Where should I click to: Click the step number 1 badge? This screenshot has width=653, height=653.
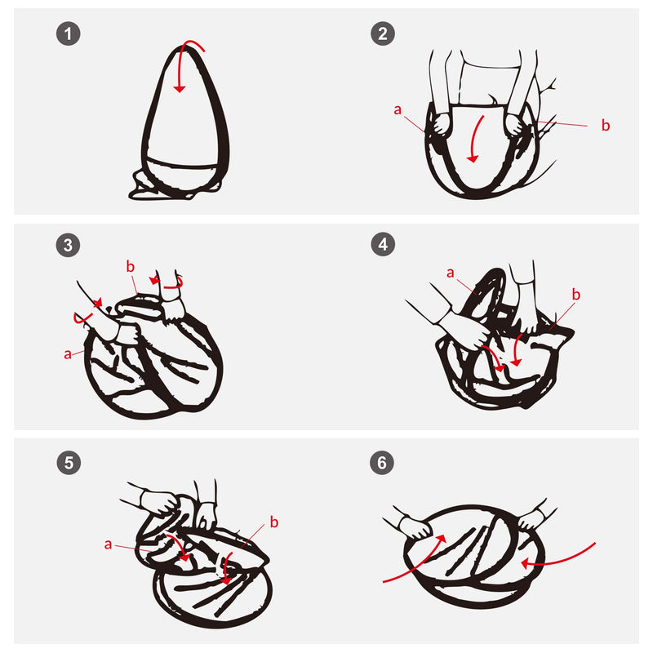69,33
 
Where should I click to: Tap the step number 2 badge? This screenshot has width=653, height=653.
383,33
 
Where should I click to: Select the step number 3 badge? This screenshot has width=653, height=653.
68,245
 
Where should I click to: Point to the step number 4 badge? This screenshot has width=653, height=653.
383,244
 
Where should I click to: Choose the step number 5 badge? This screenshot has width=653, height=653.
69,462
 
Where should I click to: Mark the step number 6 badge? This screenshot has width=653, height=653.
382,462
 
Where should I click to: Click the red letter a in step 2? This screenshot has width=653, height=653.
398,109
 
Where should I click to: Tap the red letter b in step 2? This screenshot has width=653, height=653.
606,125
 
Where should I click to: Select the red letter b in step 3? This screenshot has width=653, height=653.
131,267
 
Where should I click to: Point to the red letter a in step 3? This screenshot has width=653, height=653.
68,354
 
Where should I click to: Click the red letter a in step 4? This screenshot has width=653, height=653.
451,273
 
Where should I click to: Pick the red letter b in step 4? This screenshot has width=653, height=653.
576,295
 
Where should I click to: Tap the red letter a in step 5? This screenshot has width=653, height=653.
109,544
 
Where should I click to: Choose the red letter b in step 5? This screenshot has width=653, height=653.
274,522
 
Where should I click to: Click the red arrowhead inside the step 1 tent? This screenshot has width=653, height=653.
180,89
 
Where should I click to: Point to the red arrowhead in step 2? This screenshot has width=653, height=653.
473,158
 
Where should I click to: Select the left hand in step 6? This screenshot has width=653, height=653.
415,526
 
